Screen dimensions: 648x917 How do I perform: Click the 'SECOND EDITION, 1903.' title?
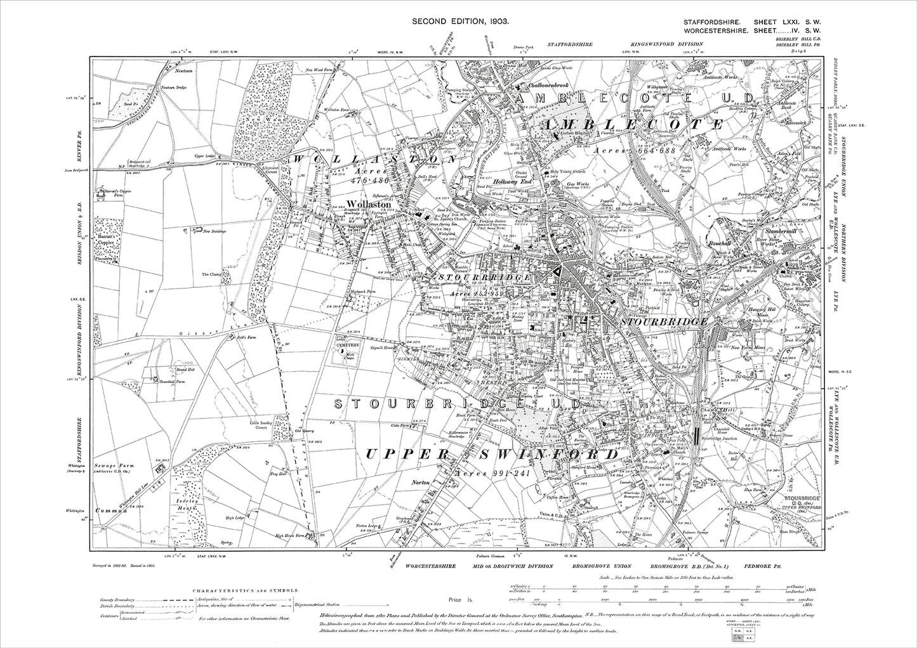pyautogui.click(x=460, y=22)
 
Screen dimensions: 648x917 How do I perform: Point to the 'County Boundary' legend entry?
pyautogui.click(x=115, y=599)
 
